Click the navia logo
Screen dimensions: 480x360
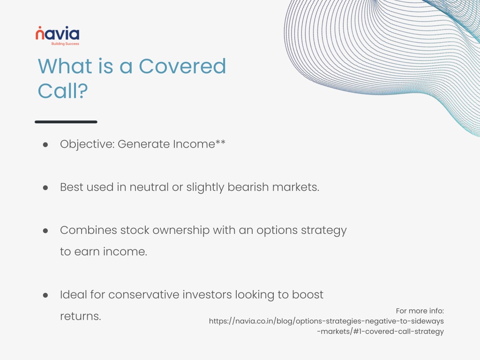tap(57, 36)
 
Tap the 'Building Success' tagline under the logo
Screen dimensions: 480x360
tap(65, 44)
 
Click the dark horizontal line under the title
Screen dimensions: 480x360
tap(66, 122)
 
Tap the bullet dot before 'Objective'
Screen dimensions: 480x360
tap(45, 144)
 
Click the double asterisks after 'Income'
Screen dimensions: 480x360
tap(220, 142)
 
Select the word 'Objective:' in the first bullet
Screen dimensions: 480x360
tap(87, 144)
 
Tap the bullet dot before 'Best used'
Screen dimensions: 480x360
tap(45, 187)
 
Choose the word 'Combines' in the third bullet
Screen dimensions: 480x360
tap(89, 230)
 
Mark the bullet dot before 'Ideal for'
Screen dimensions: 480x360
tap(45, 295)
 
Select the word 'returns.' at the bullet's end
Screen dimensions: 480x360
tap(81, 316)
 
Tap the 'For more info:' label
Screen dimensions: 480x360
tap(420, 311)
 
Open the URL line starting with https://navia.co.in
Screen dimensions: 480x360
tap(326, 322)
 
